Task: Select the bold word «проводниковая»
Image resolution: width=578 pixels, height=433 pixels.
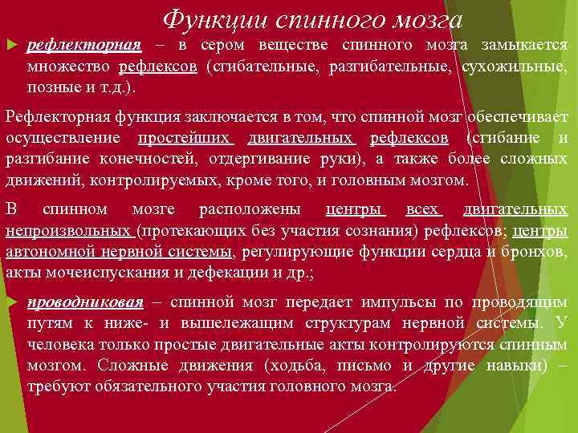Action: click(85, 302)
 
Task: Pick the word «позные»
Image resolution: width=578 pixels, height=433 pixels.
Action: click(52, 86)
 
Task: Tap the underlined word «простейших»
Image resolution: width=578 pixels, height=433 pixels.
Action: click(185, 138)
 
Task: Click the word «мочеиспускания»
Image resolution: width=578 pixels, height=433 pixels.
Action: click(101, 273)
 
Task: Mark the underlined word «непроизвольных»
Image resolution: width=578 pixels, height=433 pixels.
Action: click(68, 233)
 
